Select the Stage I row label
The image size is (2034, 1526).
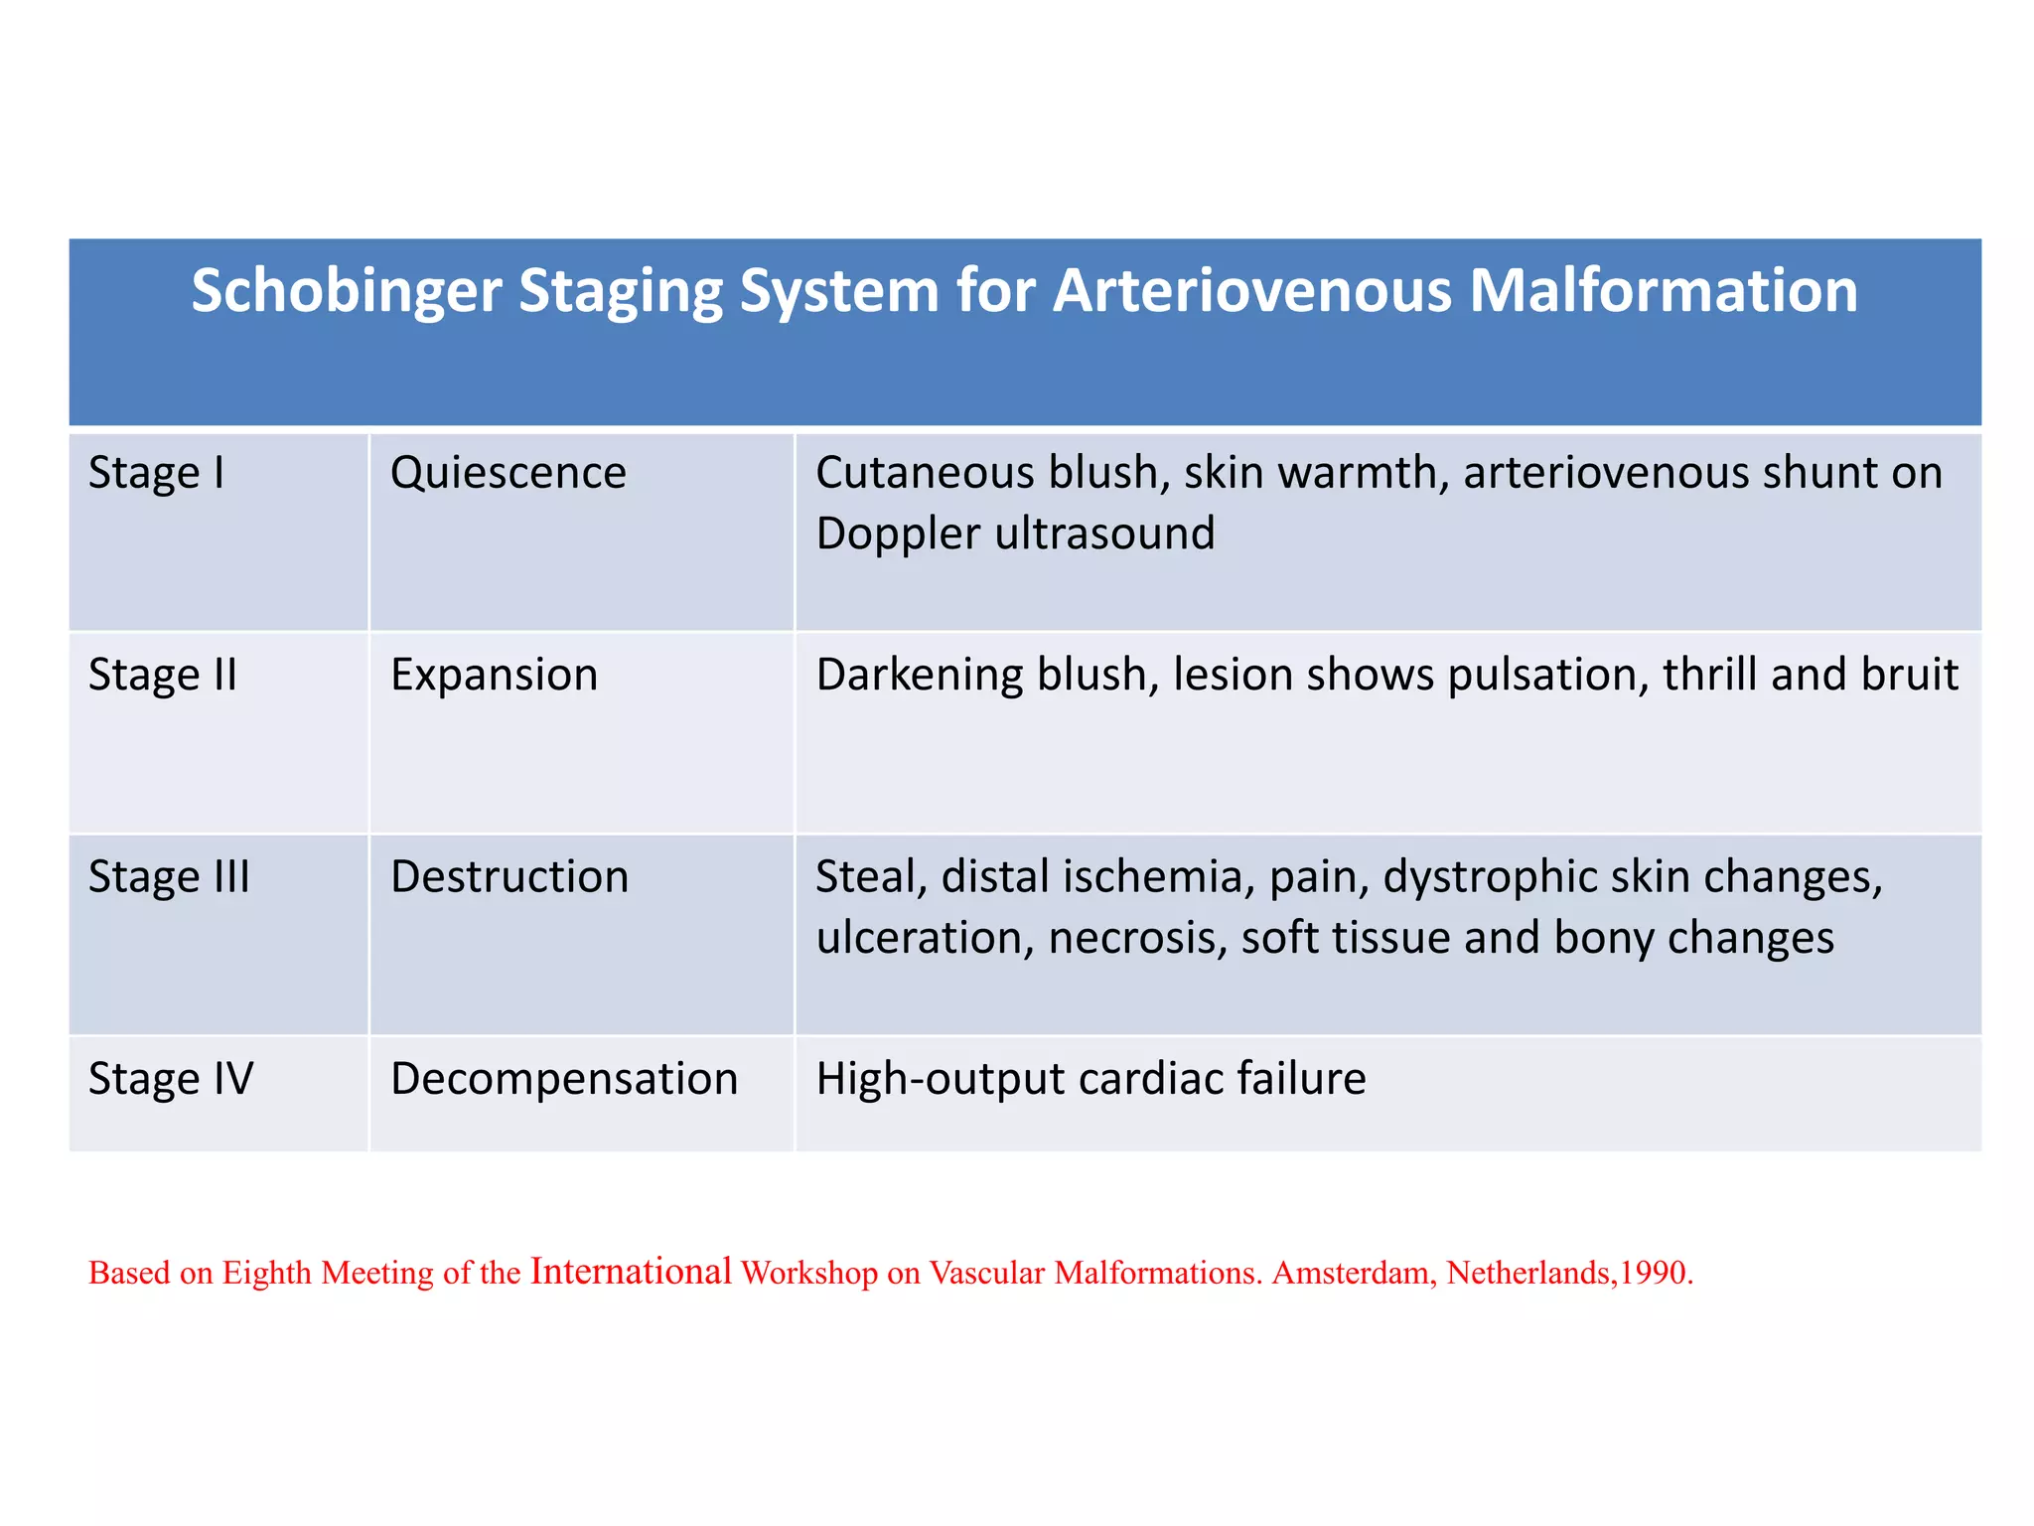(x=157, y=473)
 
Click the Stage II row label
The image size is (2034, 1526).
(x=163, y=676)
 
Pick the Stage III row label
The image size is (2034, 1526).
(x=169, y=877)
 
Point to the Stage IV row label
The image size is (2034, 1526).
(x=171, y=1079)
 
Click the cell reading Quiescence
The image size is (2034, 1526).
(x=508, y=473)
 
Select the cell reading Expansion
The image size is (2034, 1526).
(x=494, y=676)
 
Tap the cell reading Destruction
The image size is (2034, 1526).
(x=509, y=877)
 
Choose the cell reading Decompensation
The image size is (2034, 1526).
(x=564, y=1079)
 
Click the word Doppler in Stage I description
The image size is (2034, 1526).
(x=898, y=534)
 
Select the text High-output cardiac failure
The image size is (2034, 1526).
(x=1090, y=1079)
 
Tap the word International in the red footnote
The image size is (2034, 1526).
(x=631, y=1272)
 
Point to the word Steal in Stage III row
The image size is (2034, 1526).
(x=870, y=877)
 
